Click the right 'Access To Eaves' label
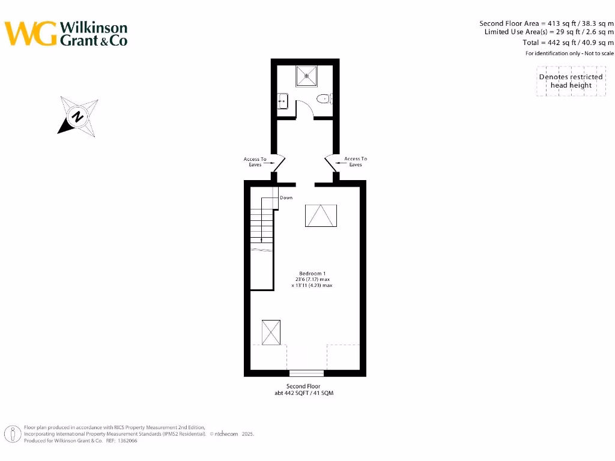click(x=356, y=161)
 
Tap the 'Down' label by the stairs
click(x=286, y=197)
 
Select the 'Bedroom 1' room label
click(x=312, y=274)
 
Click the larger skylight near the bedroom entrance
click(x=321, y=215)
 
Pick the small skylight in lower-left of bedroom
click(x=271, y=333)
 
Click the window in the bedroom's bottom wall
click(x=306, y=373)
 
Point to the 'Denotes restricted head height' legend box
click(x=571, y=81)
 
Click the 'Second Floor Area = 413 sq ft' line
click(x=546, y=23)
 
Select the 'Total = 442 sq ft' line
click(x=568, y=43)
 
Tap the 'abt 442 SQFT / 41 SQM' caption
click(x=303, y=393)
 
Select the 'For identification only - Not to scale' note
click(x=569, y=53)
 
